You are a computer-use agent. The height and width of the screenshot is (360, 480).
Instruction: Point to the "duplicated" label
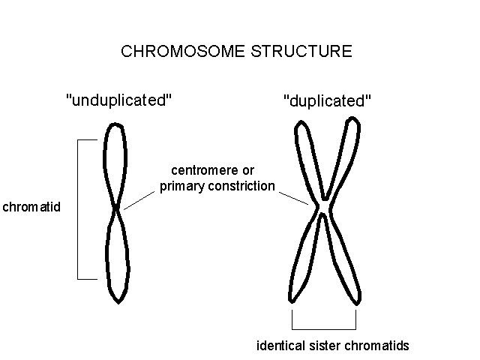(x=328, y=101)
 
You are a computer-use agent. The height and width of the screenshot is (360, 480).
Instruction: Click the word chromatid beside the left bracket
(x=31, y=206)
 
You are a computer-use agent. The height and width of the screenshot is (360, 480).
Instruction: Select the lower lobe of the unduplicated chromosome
(x=118, y=255)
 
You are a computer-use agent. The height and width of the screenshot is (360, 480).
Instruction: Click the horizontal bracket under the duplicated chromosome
(x=323, y=329)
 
